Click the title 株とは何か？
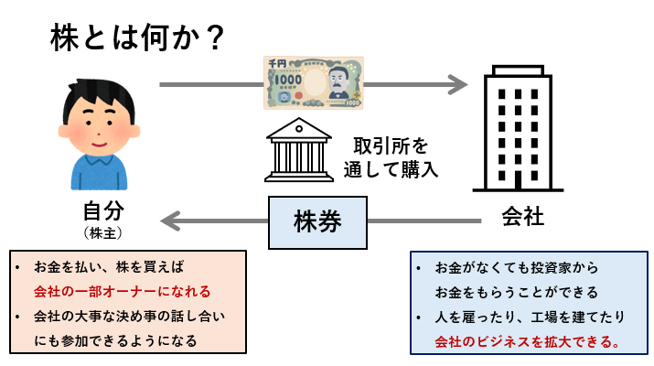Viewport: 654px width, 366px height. point(137,38)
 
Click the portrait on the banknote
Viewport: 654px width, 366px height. point(337,85)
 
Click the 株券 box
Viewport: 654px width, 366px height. point(316,221)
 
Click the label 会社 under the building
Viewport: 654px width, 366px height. point(523,218)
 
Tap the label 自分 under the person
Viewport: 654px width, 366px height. point(102,210)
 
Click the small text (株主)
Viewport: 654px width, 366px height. point(102,234)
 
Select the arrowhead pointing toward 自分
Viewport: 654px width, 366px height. point(171,221)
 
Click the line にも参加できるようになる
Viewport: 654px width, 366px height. point(114,340)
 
